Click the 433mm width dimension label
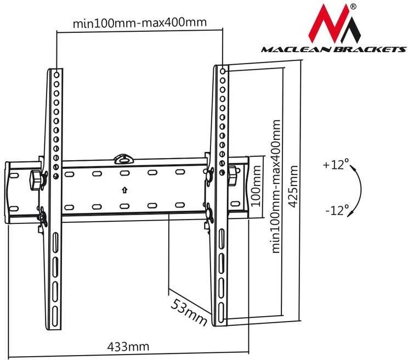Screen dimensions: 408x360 tap(128, 346)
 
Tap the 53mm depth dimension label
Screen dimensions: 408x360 tap(189, 312)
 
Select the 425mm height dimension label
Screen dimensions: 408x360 tap(293, 187)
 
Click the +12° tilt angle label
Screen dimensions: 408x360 tap(336, 165)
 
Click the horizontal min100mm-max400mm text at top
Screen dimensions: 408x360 tap(140, 22)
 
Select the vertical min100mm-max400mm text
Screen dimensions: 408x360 tap(276, 187)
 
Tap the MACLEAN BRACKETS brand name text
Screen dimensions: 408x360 tap(333, 49)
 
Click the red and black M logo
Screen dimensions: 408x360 tap(335, 24)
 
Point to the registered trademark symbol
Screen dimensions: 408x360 tap(353, 7)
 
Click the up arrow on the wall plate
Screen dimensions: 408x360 tap(124, 190)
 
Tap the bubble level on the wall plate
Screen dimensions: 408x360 tap(124, 159)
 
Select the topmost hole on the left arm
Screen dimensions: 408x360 tap(56, 75)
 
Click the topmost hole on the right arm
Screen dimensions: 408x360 tap(223, 71)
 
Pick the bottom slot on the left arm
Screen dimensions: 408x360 tap(55, 316)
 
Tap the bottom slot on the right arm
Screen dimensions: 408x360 tap(221, 313)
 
